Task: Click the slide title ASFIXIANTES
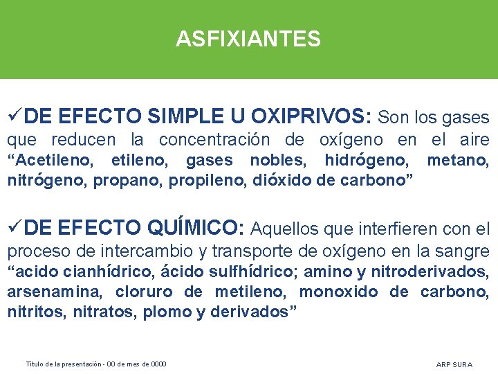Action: pos(248,39)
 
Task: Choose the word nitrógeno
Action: pos(39,181)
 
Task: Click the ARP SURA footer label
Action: pos(454,364)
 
